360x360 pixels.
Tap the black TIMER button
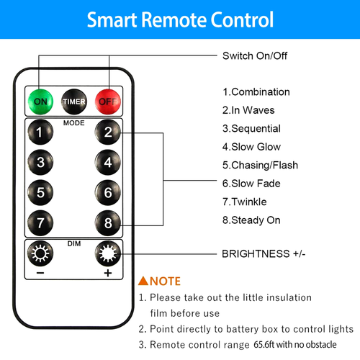pos(74,102)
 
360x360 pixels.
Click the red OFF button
pos(108,102)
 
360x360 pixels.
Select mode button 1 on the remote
pos(40,132)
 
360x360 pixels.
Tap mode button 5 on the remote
pos(40,192)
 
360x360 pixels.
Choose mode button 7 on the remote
pos(40,223)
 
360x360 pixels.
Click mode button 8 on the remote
pos(108,223)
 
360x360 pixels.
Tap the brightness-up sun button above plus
pos(108,253)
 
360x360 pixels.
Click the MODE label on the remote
pos(74,123)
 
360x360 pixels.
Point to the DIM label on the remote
pos(74,243)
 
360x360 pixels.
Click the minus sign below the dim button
pos(40,273)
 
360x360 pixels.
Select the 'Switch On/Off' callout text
pos(255,55)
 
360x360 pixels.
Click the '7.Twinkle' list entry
pos(244,202)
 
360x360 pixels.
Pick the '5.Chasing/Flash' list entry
pos(260,165)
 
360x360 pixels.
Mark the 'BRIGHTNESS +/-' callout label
pos(264,253)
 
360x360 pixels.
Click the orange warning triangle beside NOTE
pos(143,281)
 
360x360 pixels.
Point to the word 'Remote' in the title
pos(174,19)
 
